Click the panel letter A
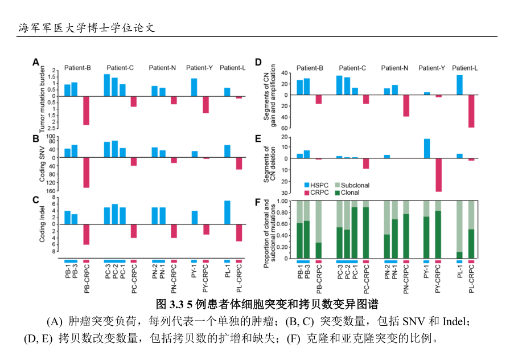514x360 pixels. click(35, 62)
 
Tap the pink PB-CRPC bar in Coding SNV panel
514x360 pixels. click(87, 172)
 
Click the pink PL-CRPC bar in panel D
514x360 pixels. click(471, 111)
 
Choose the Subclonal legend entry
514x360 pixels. click(350, 185)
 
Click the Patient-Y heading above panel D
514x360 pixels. click(431, 68)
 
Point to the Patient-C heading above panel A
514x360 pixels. click(120, 68)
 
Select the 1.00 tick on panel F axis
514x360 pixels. click(282, 201)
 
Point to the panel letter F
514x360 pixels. click(258, 201)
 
